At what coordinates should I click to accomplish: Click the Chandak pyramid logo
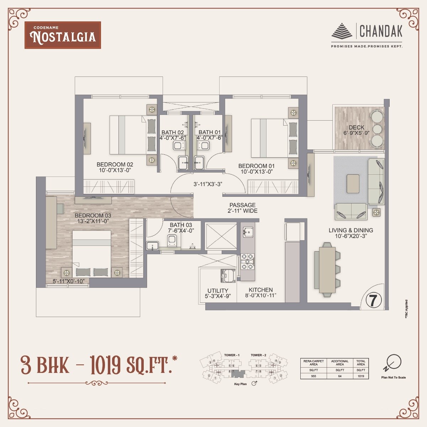coord(342,31)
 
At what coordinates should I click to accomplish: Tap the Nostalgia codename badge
coord(63,35)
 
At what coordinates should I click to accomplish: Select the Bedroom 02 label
coord(115,164)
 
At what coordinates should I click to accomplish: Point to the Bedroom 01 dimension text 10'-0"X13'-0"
coord(257,172)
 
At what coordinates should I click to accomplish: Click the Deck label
coord(356,127)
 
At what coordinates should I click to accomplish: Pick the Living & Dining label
coord(350,230)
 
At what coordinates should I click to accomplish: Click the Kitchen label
coord(260,290)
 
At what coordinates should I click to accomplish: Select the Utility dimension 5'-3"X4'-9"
coord(218,296)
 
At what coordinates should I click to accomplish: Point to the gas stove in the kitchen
coord(247,262)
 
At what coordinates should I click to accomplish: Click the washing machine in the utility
coord(228,276)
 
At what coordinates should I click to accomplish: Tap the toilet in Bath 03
coord(172,240)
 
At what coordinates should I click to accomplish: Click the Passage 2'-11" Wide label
coord(242,208)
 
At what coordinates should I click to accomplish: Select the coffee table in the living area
coord(353,184)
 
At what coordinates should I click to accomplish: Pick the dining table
coord(327,269)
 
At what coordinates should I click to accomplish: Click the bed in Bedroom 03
coord(92,253)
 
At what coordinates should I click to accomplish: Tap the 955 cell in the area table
coord(313,376)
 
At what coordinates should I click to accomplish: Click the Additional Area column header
coord(340,363)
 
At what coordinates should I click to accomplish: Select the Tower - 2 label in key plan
coord(258,355)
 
